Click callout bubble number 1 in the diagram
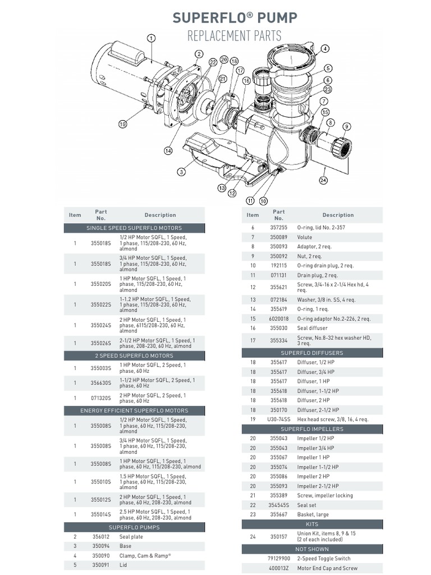[151, 38]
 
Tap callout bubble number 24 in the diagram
[323, 180]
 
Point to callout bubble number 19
[122, 124]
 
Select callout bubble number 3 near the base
[181, 171]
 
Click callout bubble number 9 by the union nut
[347, 126]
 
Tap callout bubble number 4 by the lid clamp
[325, 49]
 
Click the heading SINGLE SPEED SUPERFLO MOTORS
[134, 228]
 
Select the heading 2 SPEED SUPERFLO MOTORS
[134, 355]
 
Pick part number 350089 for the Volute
[279, 238]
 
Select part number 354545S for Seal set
[279, 505]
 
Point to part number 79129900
[279, 559]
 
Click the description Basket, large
[313, 514]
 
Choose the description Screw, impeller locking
[325, 496]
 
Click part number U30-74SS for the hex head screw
[279, 419]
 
